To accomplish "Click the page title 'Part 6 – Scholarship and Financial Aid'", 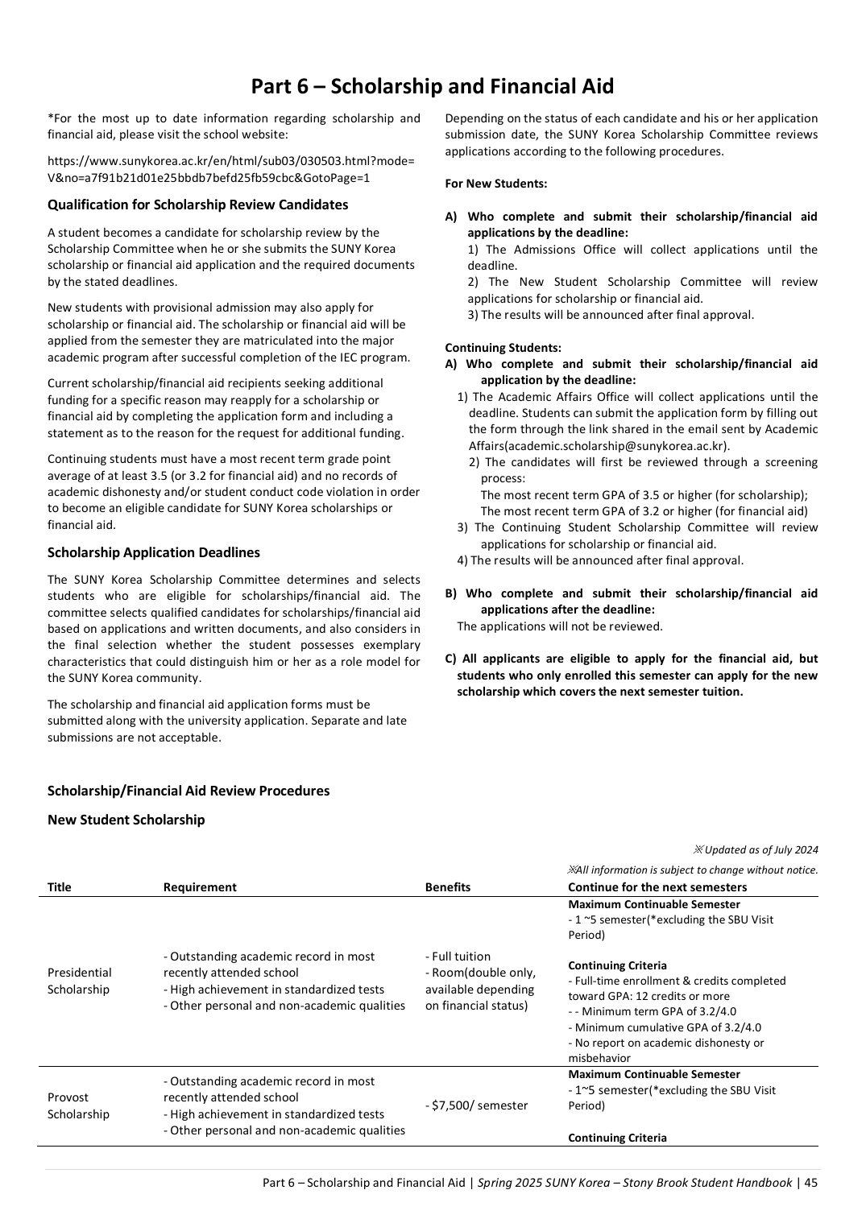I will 432,86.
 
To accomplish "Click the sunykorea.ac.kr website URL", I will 231,170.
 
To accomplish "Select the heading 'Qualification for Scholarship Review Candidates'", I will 197,205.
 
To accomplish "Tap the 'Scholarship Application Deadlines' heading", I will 154,552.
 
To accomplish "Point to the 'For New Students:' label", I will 495,184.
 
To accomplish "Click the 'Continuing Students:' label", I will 503,348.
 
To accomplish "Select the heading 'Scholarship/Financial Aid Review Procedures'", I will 189,791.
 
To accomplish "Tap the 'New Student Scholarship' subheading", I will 126,820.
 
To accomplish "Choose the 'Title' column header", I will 59,887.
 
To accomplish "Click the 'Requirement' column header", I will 200,887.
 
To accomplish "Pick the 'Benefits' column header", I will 447,887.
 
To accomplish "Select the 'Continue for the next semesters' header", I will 657,887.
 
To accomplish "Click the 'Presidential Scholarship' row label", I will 79,981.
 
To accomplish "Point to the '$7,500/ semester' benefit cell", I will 476,1105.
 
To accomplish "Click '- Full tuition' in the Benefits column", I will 457,957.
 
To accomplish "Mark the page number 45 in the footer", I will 810,1182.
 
